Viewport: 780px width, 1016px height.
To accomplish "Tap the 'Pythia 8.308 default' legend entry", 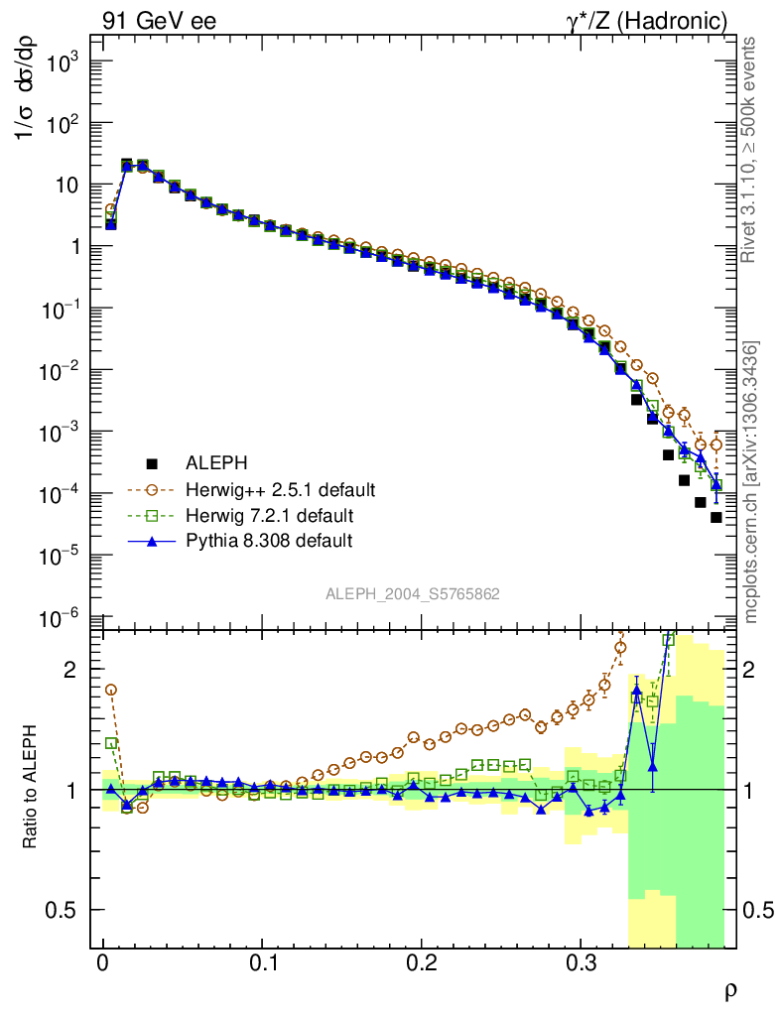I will coord(269,541).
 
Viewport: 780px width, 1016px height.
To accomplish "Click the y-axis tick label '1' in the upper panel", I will coord(70,247).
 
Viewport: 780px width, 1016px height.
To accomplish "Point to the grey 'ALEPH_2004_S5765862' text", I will coord(413,594).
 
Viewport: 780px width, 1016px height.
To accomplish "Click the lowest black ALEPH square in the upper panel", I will coord(715,517).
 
